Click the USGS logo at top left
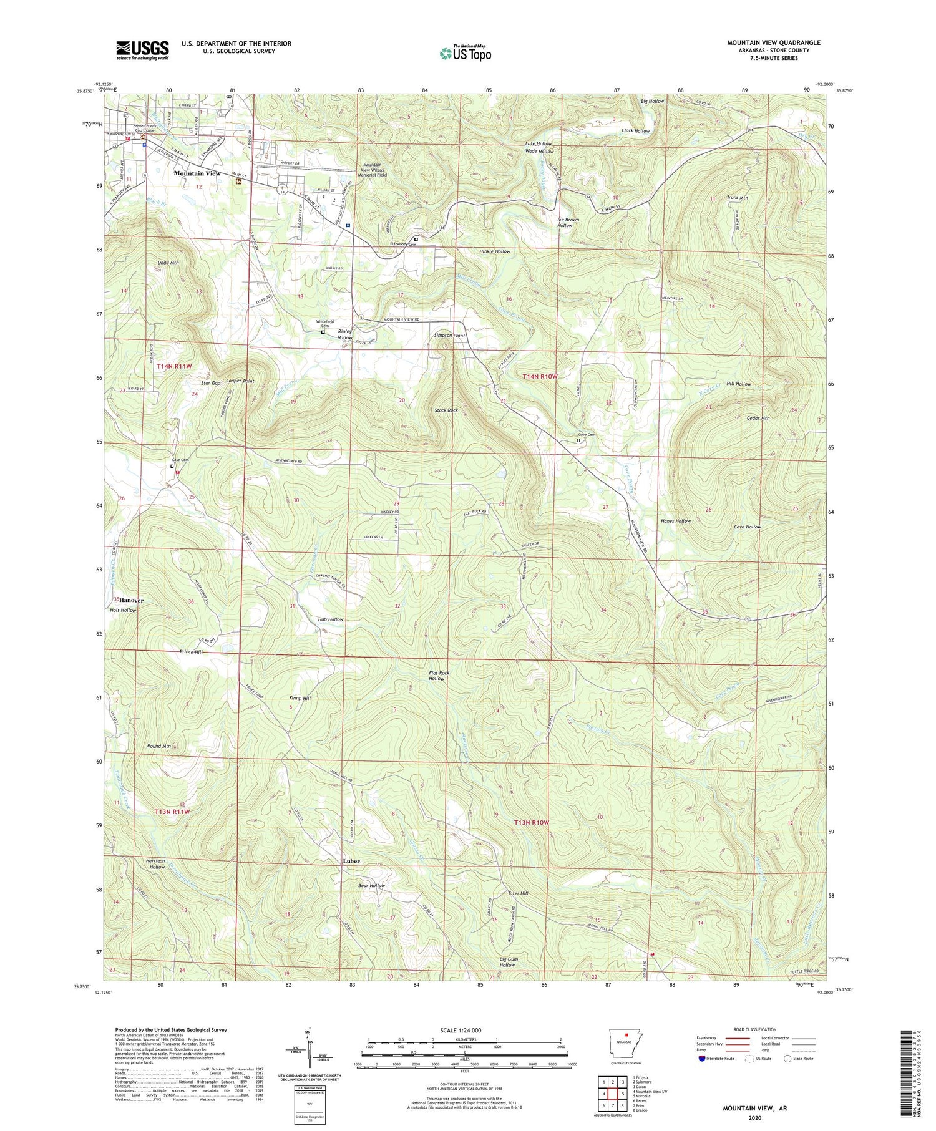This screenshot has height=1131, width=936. tap(142, 50)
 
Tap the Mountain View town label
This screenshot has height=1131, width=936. tap(197, 173)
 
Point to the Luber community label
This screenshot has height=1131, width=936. tap(351, 861)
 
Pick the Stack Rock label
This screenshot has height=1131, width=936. tap(446, 410)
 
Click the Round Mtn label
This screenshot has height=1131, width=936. tap(158, 746)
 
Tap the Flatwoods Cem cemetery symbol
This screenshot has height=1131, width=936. tap(416, 238)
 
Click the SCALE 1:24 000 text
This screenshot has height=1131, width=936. tap(465, 1030)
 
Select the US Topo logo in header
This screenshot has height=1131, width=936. tap(465, 54)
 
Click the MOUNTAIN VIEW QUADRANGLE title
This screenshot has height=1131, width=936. tap(773, 42)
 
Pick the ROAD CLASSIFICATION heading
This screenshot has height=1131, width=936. tap(750, 1029)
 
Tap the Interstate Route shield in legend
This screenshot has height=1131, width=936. tap(702, 1059)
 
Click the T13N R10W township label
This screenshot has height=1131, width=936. tap(531, 822)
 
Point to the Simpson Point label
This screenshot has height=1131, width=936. tap(450, 335)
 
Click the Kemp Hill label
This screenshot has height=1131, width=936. tap(300, 699)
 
